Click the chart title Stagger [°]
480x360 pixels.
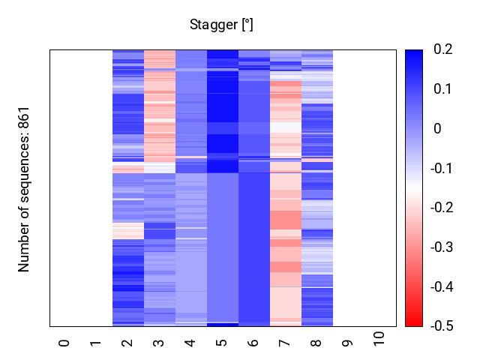(221, 25)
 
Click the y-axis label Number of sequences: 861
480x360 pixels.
(24, 188)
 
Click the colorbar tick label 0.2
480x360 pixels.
(442, 49)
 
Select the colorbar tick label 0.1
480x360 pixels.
(442, 89)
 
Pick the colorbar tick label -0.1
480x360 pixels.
(440, 168)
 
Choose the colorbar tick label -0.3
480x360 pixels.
(440, 247)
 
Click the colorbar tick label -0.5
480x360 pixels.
(440, 326)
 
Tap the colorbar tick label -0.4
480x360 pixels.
(440, 286)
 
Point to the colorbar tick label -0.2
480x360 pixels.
(440, 208)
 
